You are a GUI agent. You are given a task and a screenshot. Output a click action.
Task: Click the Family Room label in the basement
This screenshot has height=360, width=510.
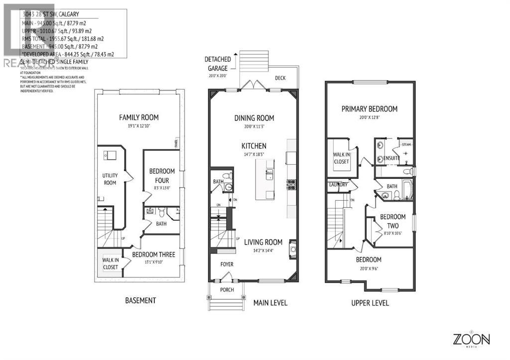pyautogui.click(x=139, y=118)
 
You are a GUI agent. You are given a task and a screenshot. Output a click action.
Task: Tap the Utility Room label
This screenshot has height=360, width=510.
pyautogui.click(x=110, y=179)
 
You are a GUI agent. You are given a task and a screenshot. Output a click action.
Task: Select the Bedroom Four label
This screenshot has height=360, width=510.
pyautogui.click(x=162, y=176)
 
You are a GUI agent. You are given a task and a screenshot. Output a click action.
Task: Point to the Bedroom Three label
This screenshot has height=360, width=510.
pyautogui.click(x=153, y=254)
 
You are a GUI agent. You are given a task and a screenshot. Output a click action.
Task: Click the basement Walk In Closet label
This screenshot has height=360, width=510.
pyautogui.click(x=111, y=263)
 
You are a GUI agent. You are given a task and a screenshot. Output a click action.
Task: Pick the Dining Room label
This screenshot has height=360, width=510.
pyautogui.click(x=255, y=118)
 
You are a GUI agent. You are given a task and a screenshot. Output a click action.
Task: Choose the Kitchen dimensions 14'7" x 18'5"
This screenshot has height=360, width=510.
pyautogui.click(x=254, y=155)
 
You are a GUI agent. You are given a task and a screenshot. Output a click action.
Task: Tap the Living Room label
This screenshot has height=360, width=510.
pyautogui.click(x=263, y=242)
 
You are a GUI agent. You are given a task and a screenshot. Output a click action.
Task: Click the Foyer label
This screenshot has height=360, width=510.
pyautogui.click(x=227, y=264)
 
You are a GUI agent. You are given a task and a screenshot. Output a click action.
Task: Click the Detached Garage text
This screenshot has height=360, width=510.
pyautogui.click(x=217, y=64)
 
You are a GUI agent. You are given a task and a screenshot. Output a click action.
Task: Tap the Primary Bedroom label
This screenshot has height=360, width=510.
pyautogui.click(x=370, y=109)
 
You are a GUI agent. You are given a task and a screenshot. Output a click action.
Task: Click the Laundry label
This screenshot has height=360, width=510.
pyautogui.click(x=338, y=185)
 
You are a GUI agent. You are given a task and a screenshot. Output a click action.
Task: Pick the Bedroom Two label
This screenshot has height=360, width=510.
pyautogui.click(x=392, y=221)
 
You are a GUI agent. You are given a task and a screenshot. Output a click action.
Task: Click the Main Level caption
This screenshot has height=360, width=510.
pyautogui.click(x=270, y=303)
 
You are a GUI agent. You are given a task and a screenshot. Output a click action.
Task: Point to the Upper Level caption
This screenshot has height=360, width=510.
pyautogui.click(x=370, y=303)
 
